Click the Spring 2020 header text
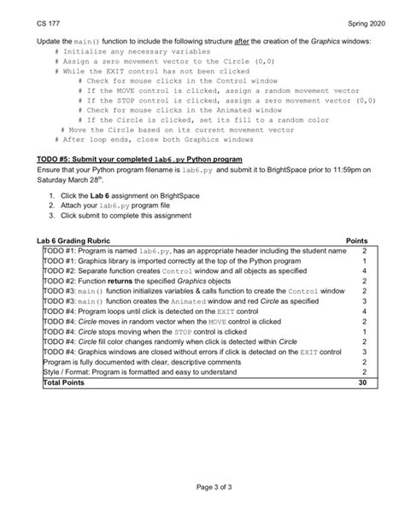coord(353,20)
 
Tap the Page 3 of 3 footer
coord(202,487)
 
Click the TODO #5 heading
coord(140,160)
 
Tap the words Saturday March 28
coord(71,179)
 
